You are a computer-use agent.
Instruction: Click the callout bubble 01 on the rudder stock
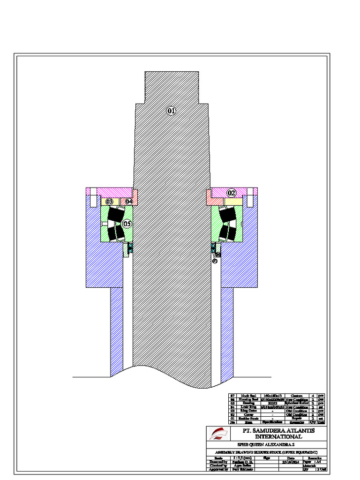pyautogui.click(x=171, y=111)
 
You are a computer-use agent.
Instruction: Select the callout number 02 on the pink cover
pyautogui.click(x=232, y=193)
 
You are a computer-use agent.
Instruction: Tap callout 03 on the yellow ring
pyautogui.click(x=109, y=201)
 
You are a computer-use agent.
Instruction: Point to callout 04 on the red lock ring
pyautogui.click(x=129, y=201)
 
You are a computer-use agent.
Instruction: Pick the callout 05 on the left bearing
pyautogui.click(x=127, y=224)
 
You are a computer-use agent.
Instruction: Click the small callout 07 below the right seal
pyautogui.click(x=215, y=261)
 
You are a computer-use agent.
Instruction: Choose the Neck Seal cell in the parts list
pyautogui.click(x=248, y=396)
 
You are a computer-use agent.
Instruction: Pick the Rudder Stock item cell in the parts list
pyautogui.click(x=248, y=418)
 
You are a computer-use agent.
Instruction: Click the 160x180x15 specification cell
pyautogui.click(x=271, y=396)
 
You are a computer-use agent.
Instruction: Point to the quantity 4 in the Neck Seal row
pyautogui.click(x=313, y=396)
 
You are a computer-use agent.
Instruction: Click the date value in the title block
pyautogui.click(x=291, y=461)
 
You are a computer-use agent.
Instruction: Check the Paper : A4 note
pyautogui.click(x=312, y=461)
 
